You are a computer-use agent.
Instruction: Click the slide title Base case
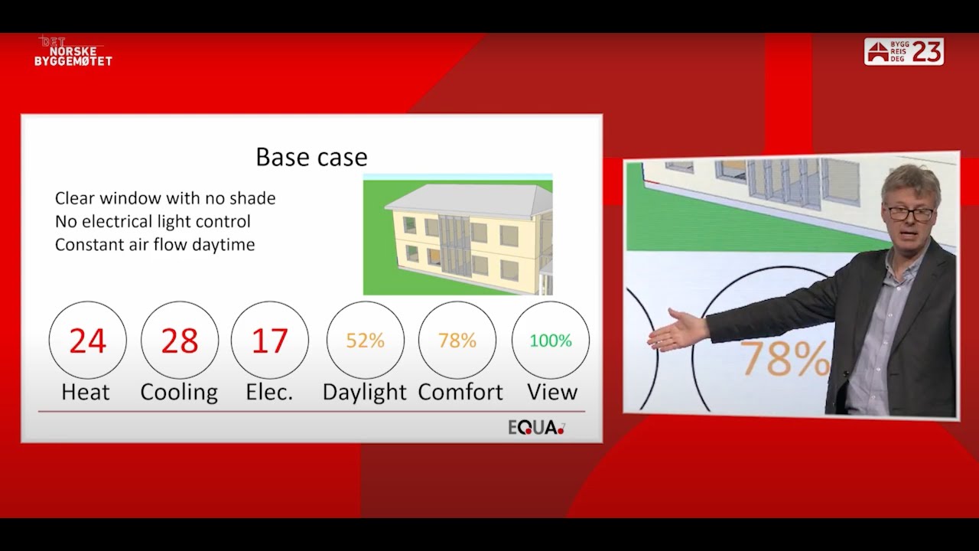(x=311, y=157)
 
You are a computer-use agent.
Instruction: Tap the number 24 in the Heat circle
(x=87, y=341)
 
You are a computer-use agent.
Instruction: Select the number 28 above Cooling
(x=180, y=341)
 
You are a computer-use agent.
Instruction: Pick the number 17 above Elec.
(x=269, y=341)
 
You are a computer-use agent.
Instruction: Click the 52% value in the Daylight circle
(x=365, y=341)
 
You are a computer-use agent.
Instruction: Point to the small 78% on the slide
(x=457, y=341)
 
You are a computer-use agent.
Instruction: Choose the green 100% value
(x=551, y=341)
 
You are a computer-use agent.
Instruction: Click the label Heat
(x=86, y=392)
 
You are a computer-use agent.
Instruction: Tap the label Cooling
(x=179, y=392)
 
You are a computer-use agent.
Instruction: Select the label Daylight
(x=364, y=392)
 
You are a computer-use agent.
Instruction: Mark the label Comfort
(x=460, y=392)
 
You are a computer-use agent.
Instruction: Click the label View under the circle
(x=551, y=392)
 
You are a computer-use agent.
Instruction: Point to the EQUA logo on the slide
(x=536, y=428)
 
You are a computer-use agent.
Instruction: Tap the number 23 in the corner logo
(x=927, y=51)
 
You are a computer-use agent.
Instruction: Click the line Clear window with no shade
(x=165, y=198)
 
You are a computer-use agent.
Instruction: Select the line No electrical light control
(x=153, y=222)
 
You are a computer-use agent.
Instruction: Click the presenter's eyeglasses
(x=910, y=212)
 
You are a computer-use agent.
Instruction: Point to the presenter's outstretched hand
(x=676, y=331)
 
